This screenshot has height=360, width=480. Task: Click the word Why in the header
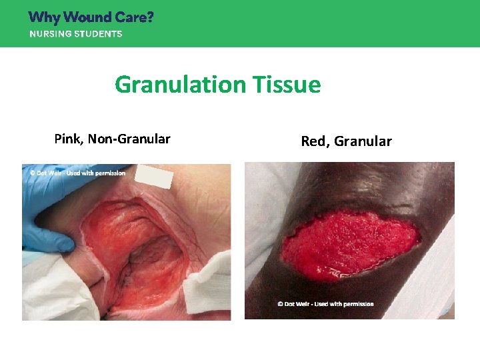(43, 17)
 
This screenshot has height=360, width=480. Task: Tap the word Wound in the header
(87, 17)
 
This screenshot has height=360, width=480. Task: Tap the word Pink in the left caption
(67, 139)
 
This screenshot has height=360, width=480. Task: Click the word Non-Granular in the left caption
(129, 139)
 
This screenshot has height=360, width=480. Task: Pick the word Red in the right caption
(314, 141)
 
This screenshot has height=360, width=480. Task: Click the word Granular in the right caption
(363, 141)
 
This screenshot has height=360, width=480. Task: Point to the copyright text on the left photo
(77, 173)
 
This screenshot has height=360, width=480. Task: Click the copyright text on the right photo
(325, 304)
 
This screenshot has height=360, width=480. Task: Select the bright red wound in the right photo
(350, 240)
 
